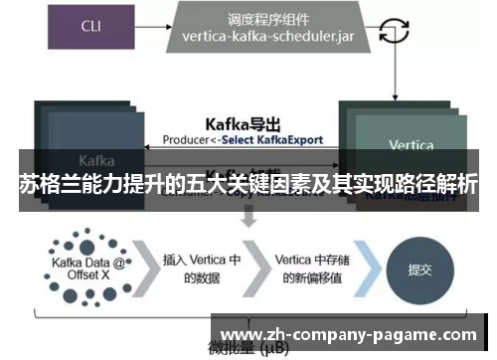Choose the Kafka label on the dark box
pyautogui.click(x=96, y=159)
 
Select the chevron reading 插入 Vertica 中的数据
pyautogui.click(x=202, y=269)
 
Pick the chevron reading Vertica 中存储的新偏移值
pyautogui.click(x=310, y=269)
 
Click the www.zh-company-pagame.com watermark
pyautogui.click(x=348, y=335)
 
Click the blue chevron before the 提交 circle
pyautogui.click(x=371, y=269)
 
